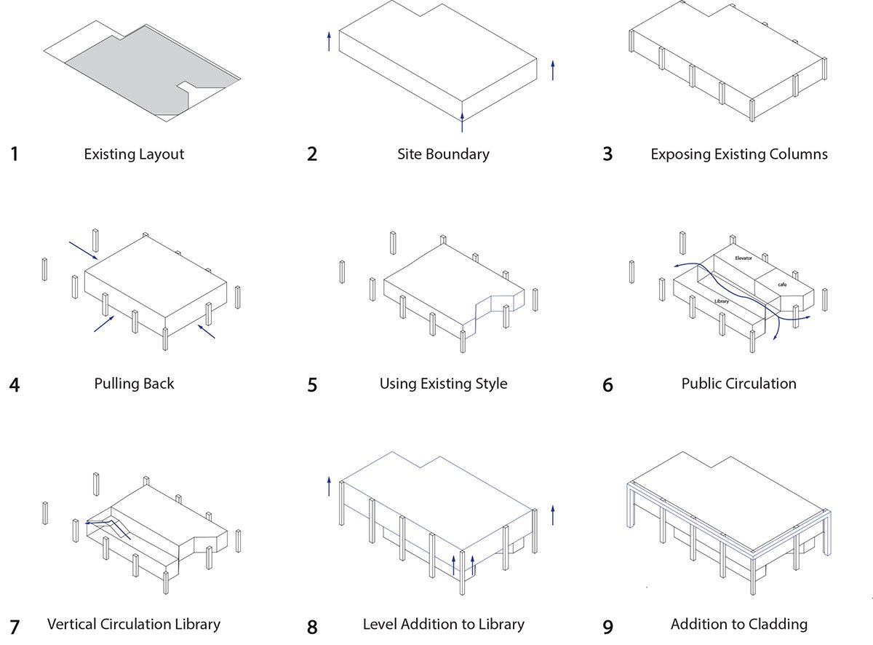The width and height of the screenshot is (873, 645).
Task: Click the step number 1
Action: point(14,154)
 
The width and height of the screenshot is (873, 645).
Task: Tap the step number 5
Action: point(312,385)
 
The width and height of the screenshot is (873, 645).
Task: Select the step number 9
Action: point(607,626)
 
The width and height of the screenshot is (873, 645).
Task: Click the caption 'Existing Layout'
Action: point(134,154)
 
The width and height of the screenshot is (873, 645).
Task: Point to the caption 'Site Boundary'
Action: point(443,154)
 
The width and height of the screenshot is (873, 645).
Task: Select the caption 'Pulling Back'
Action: point(134,384)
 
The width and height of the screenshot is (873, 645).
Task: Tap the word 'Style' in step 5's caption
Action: point(488,384)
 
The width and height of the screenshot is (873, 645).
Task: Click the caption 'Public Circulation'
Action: point(738,384)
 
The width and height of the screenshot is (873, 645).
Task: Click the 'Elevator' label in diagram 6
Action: point(743,258)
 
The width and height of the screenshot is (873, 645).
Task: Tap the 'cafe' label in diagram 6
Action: point(781,285)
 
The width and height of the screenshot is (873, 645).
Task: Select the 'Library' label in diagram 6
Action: point(721,301)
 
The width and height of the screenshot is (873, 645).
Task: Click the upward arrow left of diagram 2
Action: point(329,41)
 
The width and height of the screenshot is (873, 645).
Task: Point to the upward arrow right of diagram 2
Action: point(553,70)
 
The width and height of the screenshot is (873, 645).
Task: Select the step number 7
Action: point(14,626)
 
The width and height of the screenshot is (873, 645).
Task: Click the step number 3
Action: point(607,154)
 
